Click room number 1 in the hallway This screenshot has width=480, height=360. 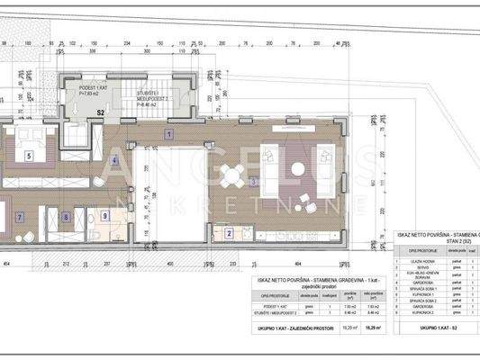click(x=168, y=134)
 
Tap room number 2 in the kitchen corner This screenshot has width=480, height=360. click(x=231, y=235)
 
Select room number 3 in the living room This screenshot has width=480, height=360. click(x=255, y=182)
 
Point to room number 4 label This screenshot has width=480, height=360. click(x=114, y=161)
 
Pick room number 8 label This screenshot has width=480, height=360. click(x=67, y=217)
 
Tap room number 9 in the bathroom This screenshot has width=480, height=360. click(x=105, y=216)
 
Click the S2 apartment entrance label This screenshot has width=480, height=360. click(x=99, y=113)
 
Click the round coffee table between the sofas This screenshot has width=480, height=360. click(x=300, y=174)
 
